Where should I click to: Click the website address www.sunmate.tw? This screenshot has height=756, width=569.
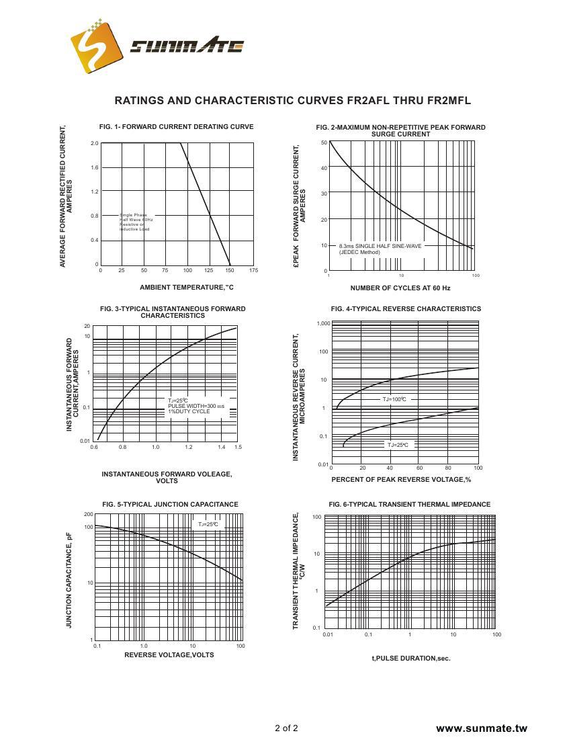481,728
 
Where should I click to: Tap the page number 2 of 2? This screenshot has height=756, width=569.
286,728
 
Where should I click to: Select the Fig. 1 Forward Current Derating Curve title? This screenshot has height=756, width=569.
176,126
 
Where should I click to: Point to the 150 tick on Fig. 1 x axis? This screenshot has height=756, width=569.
230,270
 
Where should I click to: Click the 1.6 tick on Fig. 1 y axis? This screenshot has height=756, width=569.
95,167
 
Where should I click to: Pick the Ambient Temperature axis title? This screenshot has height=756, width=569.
186,288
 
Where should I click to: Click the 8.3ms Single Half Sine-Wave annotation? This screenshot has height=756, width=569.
380,246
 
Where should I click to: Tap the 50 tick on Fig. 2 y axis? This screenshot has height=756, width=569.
324,142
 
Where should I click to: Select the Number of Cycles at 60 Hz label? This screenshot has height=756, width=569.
400,288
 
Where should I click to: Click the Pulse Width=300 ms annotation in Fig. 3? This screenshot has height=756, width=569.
196,407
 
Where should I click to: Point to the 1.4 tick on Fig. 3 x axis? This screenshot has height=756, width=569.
221,447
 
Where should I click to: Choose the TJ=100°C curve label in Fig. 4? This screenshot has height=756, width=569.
394,399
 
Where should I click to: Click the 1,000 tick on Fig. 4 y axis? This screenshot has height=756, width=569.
323,323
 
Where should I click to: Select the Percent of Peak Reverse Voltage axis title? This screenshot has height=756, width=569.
401,480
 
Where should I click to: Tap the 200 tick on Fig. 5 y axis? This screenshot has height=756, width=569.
89,514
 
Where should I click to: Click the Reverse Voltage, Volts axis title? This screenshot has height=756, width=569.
169,655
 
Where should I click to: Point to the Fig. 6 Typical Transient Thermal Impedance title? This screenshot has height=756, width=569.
409,504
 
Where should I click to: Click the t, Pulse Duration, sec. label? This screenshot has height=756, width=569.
410,659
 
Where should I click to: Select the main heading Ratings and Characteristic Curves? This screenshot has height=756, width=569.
292,101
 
